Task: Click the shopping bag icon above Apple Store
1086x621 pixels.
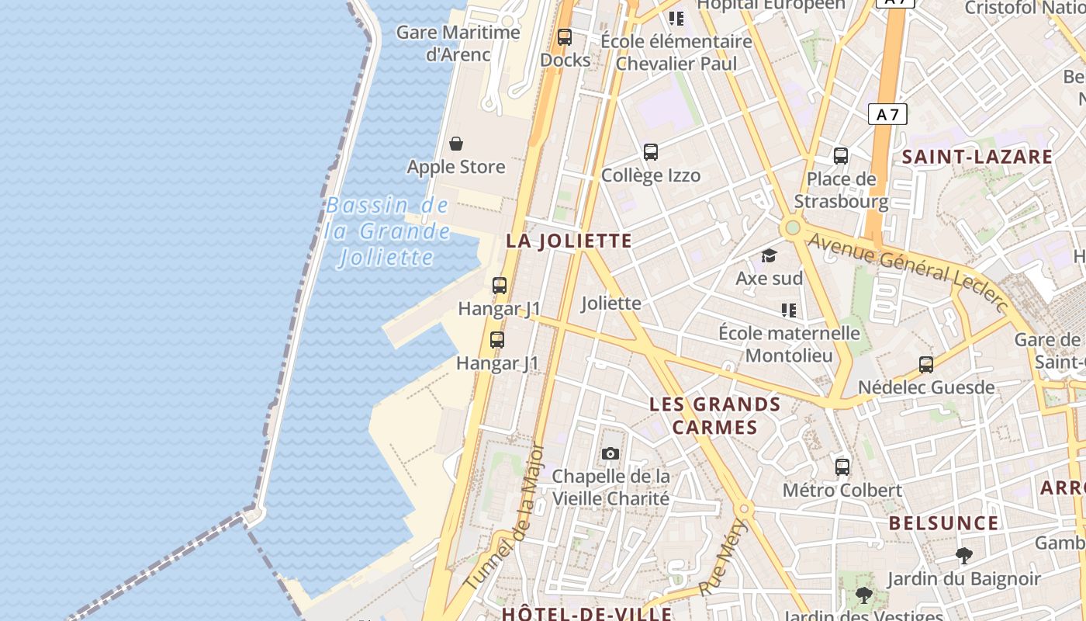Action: (x=456, y=144)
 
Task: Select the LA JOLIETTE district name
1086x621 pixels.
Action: (x=569, y=241)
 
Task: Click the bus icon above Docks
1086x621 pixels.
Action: (x=565, y=36)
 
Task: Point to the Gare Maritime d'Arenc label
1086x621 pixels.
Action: (x=458, y=43)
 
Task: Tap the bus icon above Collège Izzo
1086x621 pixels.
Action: (x=651, y=152)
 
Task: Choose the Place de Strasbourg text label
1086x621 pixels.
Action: (x=841, y=190)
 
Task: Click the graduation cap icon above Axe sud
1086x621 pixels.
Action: (x=769, y=255)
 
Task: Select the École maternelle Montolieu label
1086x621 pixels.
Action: (x=789, y=344)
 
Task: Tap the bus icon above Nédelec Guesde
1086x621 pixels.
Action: (x=926, y=364)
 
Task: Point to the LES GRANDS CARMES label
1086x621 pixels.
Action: (x=715, y=415)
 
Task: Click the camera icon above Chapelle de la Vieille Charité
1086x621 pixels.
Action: (x=610, y=453)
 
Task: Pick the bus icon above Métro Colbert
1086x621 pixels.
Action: (x=842, y=467)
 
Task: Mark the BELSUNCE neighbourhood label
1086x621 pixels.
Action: (x=943, y=523)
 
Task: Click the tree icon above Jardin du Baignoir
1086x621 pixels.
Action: (x=964, y=556)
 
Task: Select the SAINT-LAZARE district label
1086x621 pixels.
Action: (x=977, y=157)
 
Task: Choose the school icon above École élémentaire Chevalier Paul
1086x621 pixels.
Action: (x=676, y=18)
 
